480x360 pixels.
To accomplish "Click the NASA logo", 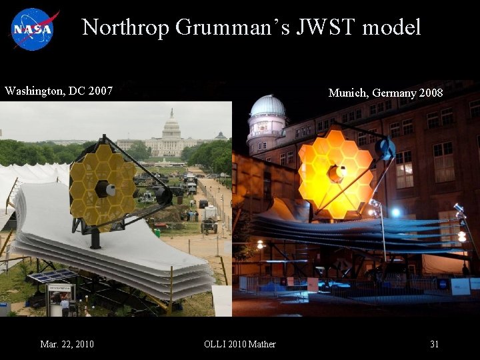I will (x=34, y=29).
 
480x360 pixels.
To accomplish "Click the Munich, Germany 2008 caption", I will (x=385, y=93).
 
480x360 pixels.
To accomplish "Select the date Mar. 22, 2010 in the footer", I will (x=67, y=344).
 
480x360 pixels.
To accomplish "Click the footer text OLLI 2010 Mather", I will (x=240, y=344).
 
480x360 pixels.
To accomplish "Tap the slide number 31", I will (x=434, y=344).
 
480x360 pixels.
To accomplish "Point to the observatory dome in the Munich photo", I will (x=267, y=107).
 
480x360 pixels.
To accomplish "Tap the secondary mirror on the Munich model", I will (x=385, y=148).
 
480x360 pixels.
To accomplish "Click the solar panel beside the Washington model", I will (x=53, y=277).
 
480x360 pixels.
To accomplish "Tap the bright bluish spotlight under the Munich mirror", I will (x=396, y=212).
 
